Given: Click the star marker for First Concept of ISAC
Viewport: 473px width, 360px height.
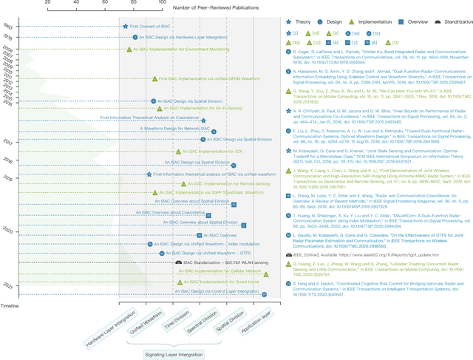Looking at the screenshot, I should point(125,27).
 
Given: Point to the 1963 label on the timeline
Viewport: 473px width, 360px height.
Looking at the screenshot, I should point(7,27).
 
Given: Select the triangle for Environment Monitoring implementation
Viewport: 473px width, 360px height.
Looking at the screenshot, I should point(129,50).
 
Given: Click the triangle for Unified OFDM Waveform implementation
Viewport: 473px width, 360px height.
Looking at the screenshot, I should point(154,78).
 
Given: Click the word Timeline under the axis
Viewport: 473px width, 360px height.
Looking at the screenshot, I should point(10,305).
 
